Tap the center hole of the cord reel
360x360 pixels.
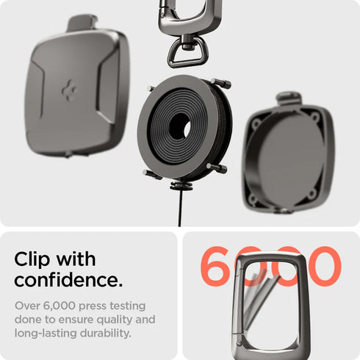click(x=179, y=126)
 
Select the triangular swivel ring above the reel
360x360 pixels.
click(x=182, y=52)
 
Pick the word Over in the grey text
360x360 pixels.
click(x=28, y=306)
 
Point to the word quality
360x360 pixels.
click(x=118, y=320)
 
